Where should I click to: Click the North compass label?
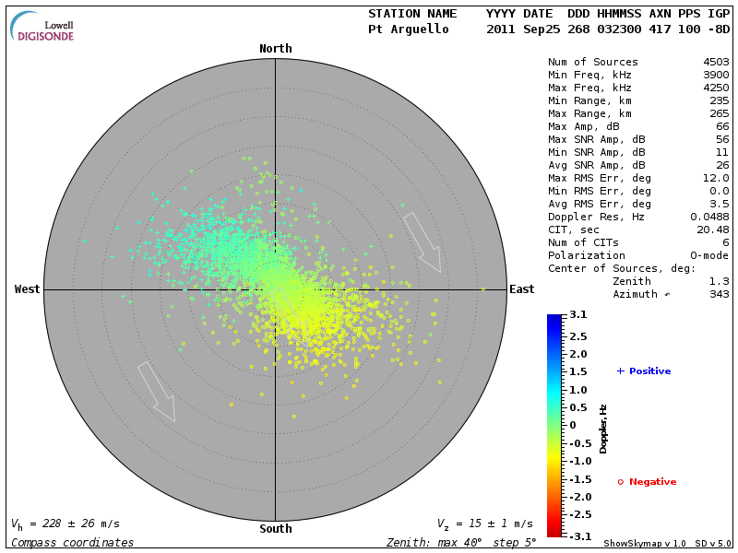275,49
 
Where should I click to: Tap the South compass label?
275,529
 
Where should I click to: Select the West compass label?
28,289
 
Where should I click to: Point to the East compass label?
521,289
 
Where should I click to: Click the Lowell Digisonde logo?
43,28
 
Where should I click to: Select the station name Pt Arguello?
409,29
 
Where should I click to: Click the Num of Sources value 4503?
716,62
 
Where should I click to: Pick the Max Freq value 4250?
716,88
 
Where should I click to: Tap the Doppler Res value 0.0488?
709,217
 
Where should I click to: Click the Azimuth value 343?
720,294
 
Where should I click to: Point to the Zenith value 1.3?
720,281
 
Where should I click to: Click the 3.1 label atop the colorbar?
578,315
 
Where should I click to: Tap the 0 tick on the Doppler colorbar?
573,425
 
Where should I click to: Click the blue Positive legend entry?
644,371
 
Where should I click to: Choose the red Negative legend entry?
647,482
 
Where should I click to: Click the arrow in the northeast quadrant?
423,242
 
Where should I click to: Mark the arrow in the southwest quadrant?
156,392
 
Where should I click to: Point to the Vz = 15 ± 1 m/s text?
484,524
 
